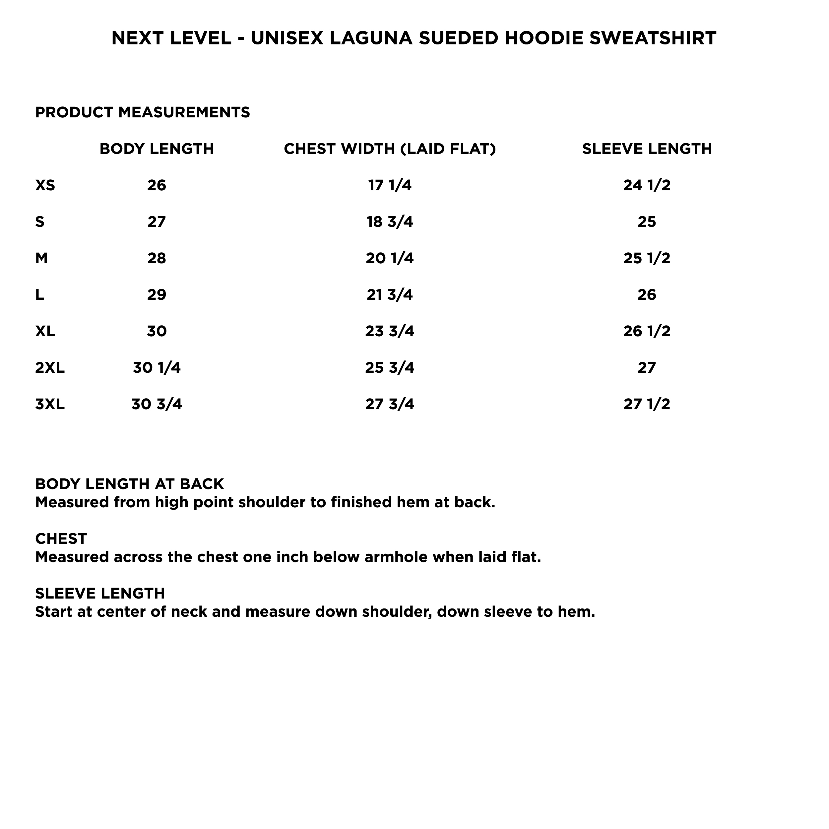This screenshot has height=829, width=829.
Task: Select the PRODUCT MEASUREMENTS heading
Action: (x=143, y=112)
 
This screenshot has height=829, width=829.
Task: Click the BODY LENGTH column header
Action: (x=157, y=149)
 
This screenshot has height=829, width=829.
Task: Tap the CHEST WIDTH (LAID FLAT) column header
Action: (x=390, y=149)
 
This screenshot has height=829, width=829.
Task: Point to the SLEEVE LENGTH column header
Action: (x=647, y=149)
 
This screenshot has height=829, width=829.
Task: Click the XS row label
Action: (x=45, y=185)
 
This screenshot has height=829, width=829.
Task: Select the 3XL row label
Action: (x=50, y=404)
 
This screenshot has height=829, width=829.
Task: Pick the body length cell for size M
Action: (x=157, y=258)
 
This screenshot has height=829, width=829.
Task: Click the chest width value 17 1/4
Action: (x=390, y=185)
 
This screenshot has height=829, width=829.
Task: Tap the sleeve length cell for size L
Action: (x=647, y=295)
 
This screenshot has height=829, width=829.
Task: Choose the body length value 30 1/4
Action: (x=157, y=368)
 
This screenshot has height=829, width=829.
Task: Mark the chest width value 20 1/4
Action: (x=390, y=258)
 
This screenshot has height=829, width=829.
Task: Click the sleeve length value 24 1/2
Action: (x=647, y=185)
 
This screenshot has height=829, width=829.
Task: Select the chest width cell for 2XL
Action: (x=390, y=368)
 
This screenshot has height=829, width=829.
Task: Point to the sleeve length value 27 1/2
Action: (x=647, y=404)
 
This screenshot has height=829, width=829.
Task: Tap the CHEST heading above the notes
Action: (x=61, y=539)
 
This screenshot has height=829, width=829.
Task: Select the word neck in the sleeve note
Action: (x=189, y=611)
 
